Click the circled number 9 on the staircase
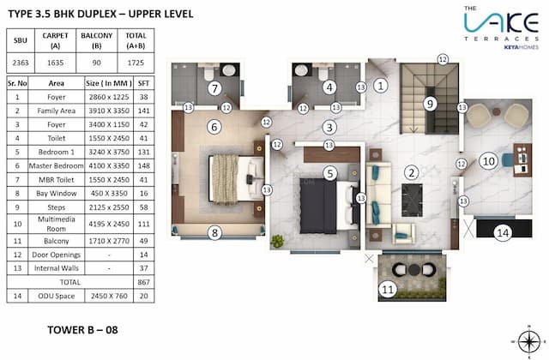pos(431,104)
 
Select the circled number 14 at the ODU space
pos(504,232)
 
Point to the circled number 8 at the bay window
pos(215,232)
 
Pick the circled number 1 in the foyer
pos(381,85)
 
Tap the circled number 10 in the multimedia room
pos(488,160)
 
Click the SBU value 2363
pos(21,63)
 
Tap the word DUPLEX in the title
pos(90,15)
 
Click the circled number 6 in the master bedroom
pos(214,127)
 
